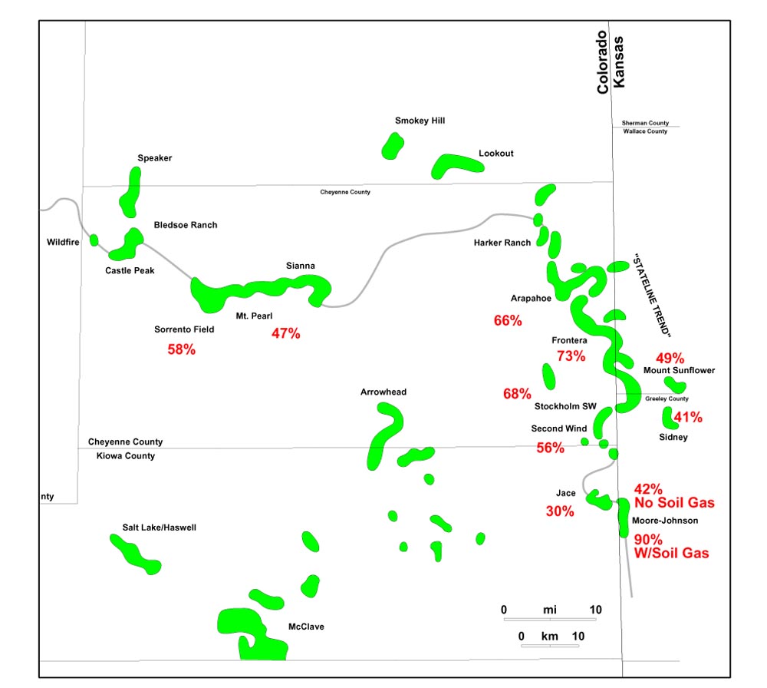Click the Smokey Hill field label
coord(420,121)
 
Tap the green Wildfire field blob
coord(94,240)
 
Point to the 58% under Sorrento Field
coord(182,349)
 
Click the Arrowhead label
coord(383,392)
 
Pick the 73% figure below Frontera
coord(571,356)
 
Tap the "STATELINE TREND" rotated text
coord(653,296)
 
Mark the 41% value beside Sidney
coord(688,418)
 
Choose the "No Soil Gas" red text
coord(675,503)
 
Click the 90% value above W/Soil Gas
coord(648,539)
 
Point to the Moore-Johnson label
coord(665,521)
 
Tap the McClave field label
coord(306,627)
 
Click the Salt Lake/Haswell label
coord(160,528)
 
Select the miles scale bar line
coord(550,619)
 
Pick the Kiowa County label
coord(125,456)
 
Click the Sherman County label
coord(645,123)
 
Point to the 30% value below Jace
coord(560,511)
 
